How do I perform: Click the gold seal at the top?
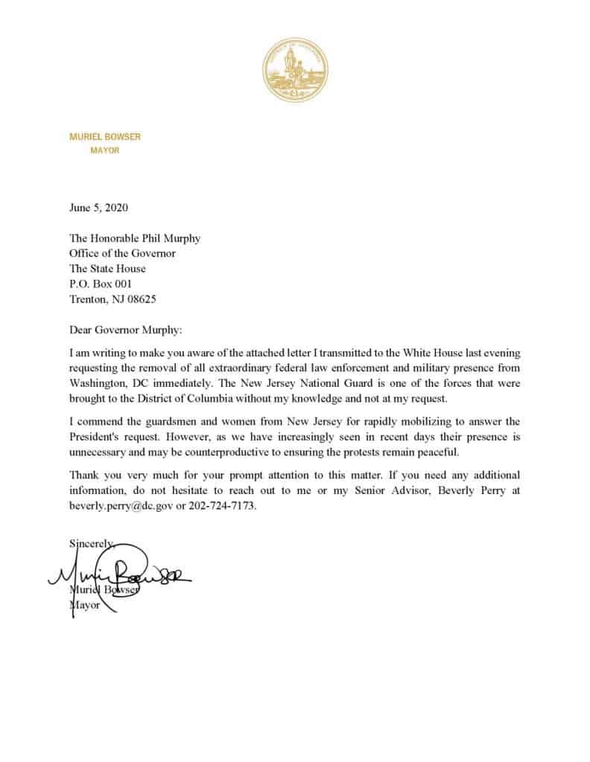pyautogui.click(x=295, y=72)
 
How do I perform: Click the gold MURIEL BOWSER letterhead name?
pyautogui.click(x=104, y=137)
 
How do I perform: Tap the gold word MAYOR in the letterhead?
pyautogui.click(x=104, y=150)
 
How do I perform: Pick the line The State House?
pyautogui.click(x=107, y=269)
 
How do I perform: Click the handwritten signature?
pyautogui.click(x=119, y=574)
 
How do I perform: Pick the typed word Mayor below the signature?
pyautogui.click(x=83, y=605)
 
